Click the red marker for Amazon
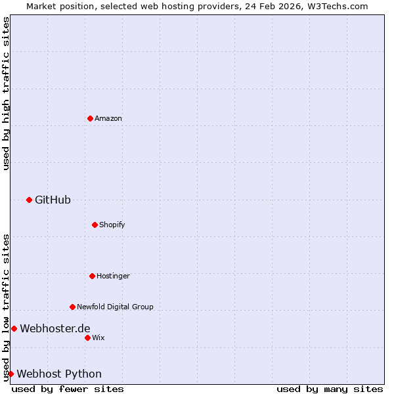point(90,118)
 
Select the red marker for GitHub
point(29,200)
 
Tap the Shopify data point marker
point(95,225)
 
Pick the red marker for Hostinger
point(92,276)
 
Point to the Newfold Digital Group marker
point(72,307)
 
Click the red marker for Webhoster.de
point(14,328)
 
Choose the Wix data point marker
point(87,338)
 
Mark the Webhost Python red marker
point(11,374)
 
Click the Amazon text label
point(108,118)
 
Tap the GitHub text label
point(53,200)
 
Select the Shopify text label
point(112,225)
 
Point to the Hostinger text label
point(113,276)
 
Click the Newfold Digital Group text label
point(115,307)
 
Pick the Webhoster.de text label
point(55,328)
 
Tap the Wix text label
point(98,338)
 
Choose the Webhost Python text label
point(59,374)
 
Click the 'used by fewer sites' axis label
point(68,389)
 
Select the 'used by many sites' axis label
point(330,389)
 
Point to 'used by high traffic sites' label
point(6,94)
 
